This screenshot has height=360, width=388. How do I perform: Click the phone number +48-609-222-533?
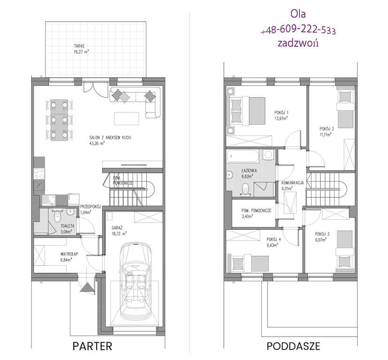tap(298, 30)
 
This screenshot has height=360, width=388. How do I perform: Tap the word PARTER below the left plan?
tap(92, 346)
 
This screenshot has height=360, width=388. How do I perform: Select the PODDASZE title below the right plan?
tap(293, 346)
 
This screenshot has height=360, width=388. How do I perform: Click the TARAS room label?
tap(82, 49)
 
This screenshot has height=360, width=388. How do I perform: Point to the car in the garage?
tap(135, 281)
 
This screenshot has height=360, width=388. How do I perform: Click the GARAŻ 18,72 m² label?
tap(119, 231)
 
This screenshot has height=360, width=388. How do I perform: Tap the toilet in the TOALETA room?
tap(57, 217)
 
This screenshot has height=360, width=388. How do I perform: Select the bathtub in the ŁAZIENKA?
tap(243, 156)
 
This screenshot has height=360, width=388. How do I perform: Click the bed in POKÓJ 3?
tap(344, 251)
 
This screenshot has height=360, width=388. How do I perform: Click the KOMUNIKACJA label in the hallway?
tap(292, 186)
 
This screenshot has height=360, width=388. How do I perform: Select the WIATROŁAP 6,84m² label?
tap(69, 257)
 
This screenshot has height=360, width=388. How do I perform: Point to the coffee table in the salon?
tap(127, 119)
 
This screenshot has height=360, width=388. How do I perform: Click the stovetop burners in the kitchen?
tap(39, 173)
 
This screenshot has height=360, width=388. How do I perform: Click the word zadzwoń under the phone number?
tap(298, 43)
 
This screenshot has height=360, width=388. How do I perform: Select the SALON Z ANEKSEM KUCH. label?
tap(110, 140)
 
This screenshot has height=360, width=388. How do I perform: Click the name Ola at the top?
tap(298, 14)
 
